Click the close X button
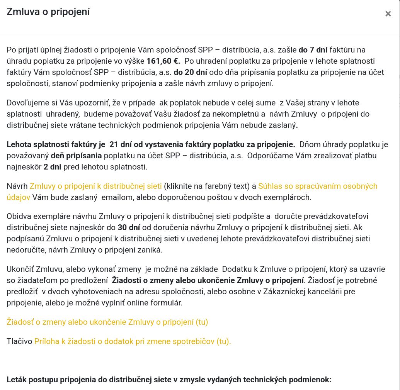coord(388,14)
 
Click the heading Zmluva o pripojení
coord(48,12)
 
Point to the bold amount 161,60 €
coord(163,61)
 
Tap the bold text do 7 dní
coord(313,50)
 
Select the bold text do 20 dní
coord(191,72)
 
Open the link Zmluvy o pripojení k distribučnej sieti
coord(95,186)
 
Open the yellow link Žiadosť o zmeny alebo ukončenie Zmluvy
coord(107,322)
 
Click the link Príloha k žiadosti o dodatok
coord(132,341)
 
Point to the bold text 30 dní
coord(129,227)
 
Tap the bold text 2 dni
coord(53,167)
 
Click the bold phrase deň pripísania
coord(76,156)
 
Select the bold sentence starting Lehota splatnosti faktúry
coord(151,145)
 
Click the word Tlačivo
coord(19,341)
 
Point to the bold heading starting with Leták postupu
coord(169,380)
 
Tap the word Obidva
coord(19,216)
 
